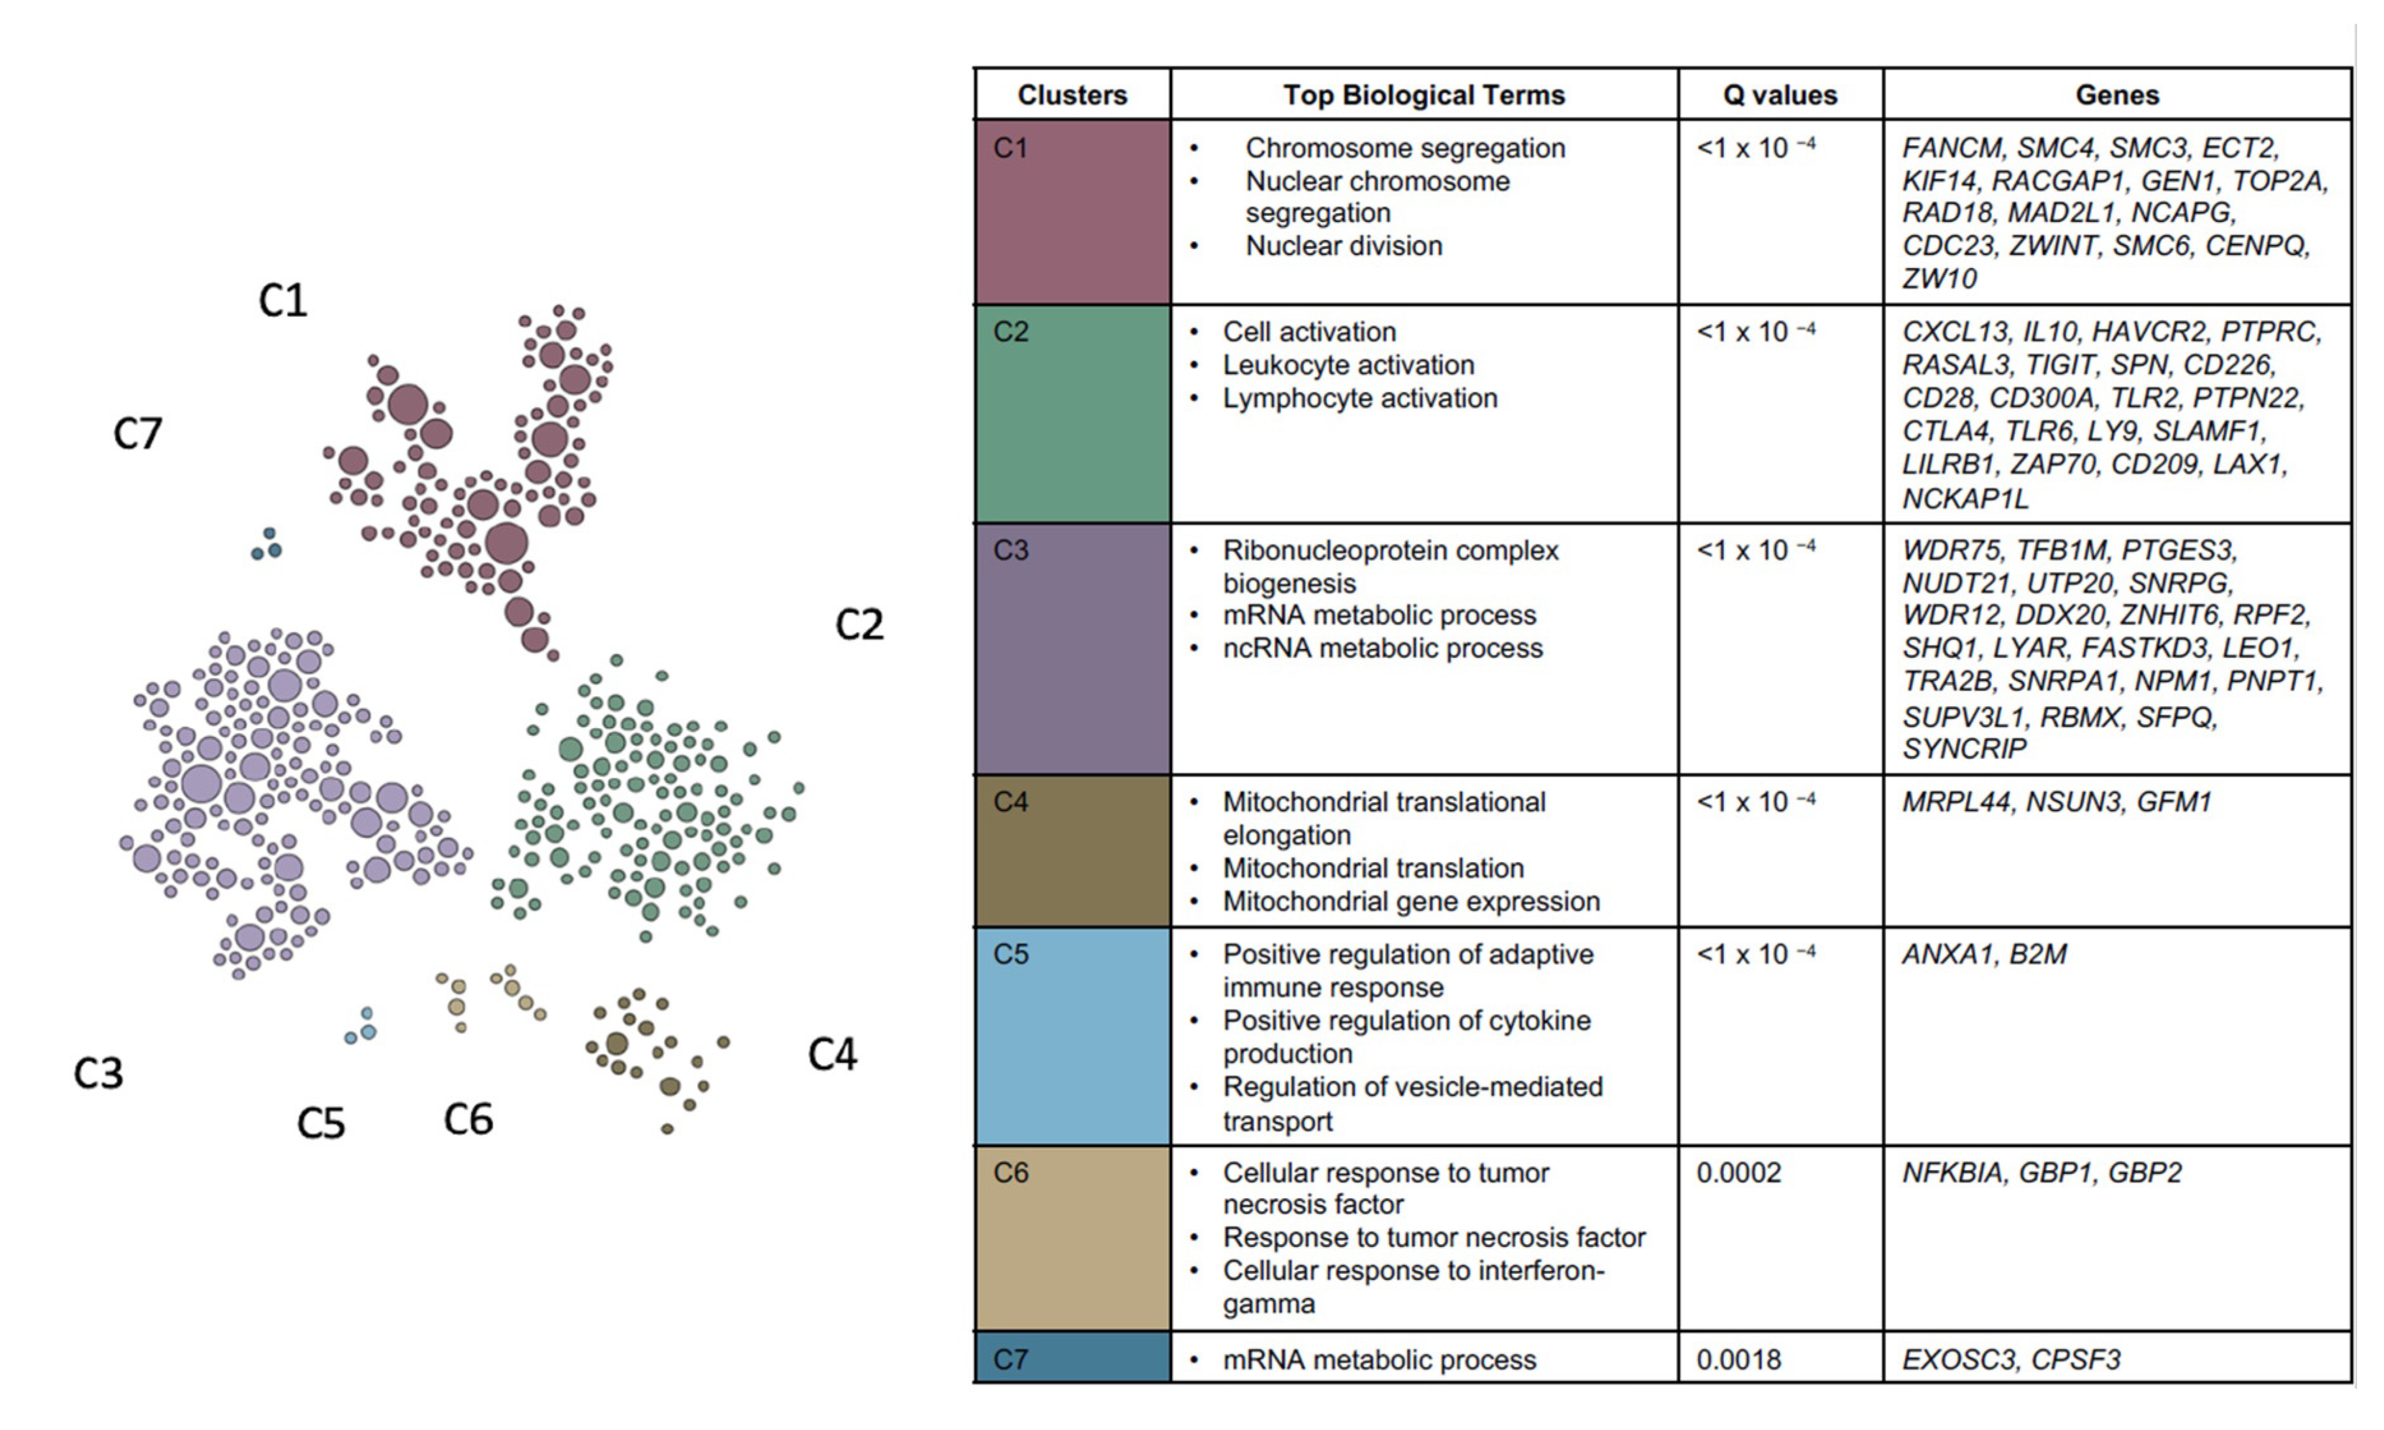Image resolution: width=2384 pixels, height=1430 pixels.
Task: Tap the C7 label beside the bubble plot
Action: click(x=138, y=434)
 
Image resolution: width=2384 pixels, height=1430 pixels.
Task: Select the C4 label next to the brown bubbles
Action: click(x=832, y=1054)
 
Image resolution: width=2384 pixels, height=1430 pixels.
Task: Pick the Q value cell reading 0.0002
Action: click(x=1739, y=1173)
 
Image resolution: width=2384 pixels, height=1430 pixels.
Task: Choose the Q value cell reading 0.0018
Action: click(x=1739, y=1360)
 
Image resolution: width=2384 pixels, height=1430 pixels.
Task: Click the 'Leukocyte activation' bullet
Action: click(x=1348, y=365)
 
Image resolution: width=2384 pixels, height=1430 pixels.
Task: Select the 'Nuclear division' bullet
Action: click(x=1344, y=246)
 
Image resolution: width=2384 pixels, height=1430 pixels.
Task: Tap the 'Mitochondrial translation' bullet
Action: click(x=1373, y=868)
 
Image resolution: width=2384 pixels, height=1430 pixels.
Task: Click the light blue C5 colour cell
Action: click(x=1072, y=1036)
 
